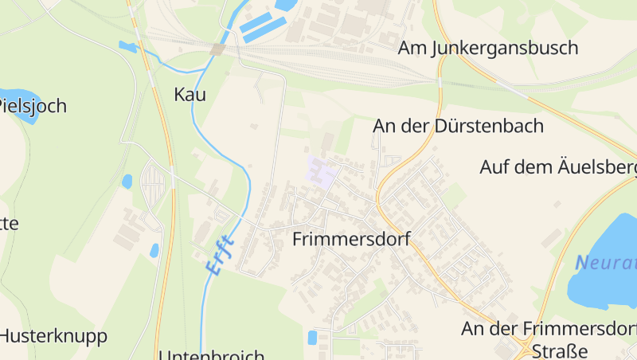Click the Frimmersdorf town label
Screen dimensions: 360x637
pos(351,239)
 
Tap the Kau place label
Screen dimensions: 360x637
pos(190,95)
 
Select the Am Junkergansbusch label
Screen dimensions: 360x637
pos(488,48)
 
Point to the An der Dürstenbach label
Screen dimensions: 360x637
pos(458,126)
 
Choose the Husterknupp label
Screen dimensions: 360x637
pos(53,335)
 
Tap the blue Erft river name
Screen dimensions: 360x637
pos(221,256)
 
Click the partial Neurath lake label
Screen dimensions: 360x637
pos(607,262)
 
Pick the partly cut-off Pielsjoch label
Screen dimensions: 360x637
pos(32,106)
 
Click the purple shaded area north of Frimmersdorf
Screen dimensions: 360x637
pos(322,170)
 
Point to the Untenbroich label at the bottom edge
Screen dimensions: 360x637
pos(211,354)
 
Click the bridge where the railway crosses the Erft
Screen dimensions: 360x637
pos(217,49)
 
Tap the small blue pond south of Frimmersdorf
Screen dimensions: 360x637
pos(312,337)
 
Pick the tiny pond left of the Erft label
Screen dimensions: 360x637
pos(154,250)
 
